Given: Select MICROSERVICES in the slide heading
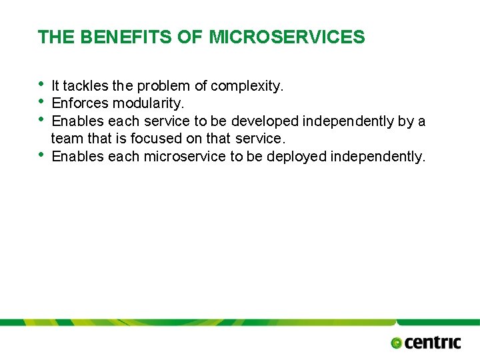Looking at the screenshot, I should point(287,37).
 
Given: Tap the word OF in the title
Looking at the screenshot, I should point(193,37).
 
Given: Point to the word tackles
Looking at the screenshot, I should point(86,86).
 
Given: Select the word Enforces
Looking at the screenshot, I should point(80,103).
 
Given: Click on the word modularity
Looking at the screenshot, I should point(148,103).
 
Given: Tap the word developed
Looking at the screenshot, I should point(265,121).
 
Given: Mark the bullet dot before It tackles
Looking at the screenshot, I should point(41,84).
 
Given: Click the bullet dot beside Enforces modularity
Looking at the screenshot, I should point(41,101).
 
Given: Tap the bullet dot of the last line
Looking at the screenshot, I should point(41,155).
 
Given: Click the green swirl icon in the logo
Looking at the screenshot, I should point(397,343).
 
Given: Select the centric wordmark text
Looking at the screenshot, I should point(432,343).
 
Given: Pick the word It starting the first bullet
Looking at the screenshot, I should point(55,86).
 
